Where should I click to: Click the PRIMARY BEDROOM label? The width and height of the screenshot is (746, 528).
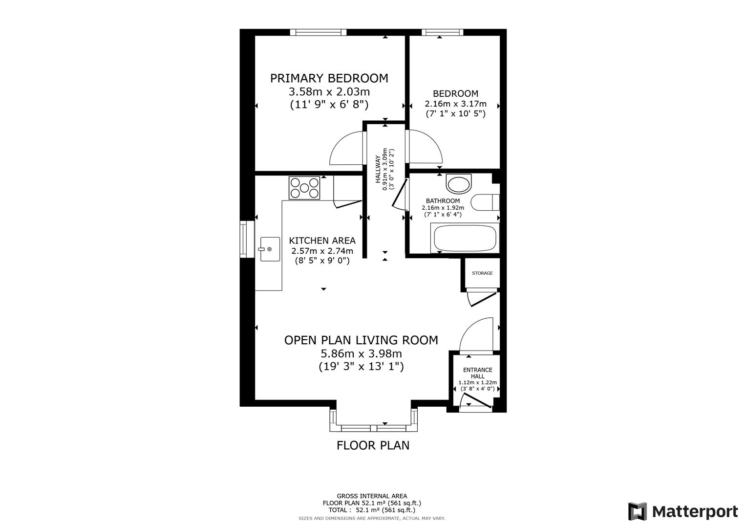(329, 78)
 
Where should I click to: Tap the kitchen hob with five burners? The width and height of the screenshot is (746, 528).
(304, 188)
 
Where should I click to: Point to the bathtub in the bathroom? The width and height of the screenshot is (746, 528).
(465, 238)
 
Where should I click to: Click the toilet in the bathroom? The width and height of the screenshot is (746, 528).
(485, 202)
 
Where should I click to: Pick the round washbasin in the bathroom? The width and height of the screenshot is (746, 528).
(459, 184)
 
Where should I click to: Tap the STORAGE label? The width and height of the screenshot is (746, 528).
(482, 273)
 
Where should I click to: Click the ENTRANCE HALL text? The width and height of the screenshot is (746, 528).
(477, 373)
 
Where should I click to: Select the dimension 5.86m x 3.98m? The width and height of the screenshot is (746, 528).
(361, 353)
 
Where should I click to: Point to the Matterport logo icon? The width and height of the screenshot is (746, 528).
(637, 511)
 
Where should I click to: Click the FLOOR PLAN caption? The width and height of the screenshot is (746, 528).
(373, 445)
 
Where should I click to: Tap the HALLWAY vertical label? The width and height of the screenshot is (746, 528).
(378, 169)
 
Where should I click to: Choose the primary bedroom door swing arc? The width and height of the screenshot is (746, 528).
(346, 150)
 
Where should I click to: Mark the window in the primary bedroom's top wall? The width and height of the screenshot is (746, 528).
(318, 32)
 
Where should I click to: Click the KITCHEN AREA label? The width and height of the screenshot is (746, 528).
(322, 241)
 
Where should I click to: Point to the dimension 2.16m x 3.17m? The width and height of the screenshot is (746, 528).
(455, 104)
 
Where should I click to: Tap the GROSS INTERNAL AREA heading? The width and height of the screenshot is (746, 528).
(372, 496)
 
